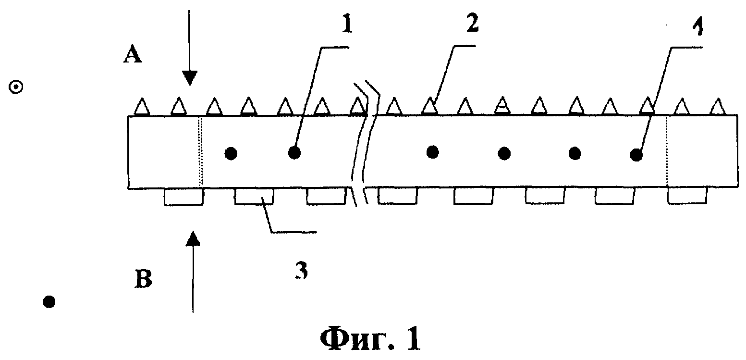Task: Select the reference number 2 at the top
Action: click(472, 24)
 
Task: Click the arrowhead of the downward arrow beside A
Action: click(189, 78)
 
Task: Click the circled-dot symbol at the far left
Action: click(16, 87)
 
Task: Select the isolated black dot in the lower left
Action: click(49, 302)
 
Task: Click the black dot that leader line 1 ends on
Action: click(294, 153)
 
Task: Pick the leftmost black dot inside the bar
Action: click(231, 154)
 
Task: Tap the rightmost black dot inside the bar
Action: click(636, 155)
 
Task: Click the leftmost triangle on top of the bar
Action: click(142, 107)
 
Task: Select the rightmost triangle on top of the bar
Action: click(718, 107)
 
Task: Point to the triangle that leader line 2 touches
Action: click(430, 106)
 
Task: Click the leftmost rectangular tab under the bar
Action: click(183, 197)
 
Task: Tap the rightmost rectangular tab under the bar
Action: click(687, 196)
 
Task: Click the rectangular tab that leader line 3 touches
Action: click(254, 196)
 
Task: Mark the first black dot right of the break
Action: click(433, 152)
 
